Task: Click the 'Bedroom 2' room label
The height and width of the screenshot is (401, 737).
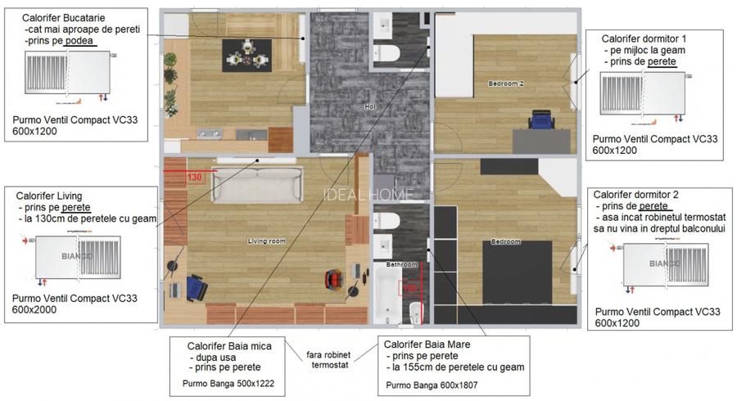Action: pos(505,83)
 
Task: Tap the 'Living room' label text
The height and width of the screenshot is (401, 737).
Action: pos(266,241)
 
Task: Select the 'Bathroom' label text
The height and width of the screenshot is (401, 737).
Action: pos(402,265)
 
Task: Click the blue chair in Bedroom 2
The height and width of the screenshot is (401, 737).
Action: pos(540,121)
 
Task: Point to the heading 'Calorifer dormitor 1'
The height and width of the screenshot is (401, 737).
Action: pos(644,38)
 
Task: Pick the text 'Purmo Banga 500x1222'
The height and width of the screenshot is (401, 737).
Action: pos(233,382)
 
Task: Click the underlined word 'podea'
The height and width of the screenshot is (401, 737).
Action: pos(81,41)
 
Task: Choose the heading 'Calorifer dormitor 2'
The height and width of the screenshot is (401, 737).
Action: pos(635,195)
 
